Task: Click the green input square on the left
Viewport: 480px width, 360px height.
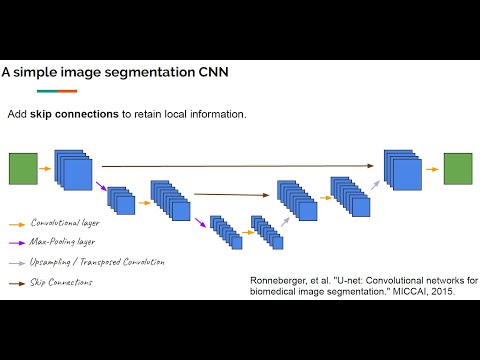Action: (23, 169)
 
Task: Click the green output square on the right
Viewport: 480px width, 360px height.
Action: (458, 169)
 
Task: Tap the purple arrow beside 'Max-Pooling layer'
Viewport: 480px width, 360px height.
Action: (17, 242)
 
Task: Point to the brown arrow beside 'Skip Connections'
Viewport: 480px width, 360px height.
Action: (17, 283)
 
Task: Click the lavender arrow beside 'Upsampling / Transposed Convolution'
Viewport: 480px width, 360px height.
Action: (17, 262)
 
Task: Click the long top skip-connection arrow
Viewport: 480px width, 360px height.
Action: (240, 167)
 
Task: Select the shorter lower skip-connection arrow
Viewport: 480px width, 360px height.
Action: (232, 194)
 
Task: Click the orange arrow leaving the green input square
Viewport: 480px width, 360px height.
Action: (45, 169)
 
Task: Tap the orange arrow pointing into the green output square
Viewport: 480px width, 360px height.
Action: (431, 169)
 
